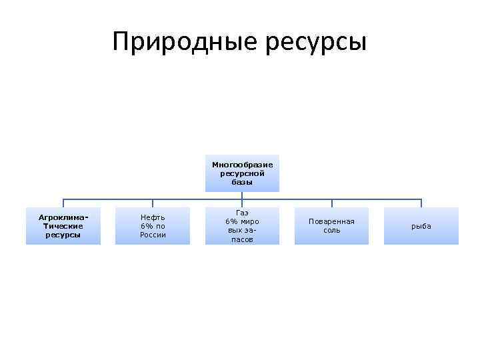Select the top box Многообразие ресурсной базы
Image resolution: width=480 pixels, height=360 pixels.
pyautogui.click(x=242, y=173)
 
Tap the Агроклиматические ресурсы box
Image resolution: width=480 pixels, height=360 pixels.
pyautogui.click(x=63, y=226)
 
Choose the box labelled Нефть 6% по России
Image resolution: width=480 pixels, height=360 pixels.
pyautogui.click(x=153, y=226)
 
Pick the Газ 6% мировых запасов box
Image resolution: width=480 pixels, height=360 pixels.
pyautogui.click(x=242, y=226)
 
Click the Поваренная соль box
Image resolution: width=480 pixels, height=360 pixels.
pyautogui.click(x=331, y=226)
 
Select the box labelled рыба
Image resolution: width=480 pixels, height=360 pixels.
pyautogui.click(x=421, y=226)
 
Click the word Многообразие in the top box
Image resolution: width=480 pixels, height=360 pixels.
pyautogui.click(x=242, y=165)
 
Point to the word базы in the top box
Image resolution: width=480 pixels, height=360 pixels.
pyautogui.click(x=242, y=182)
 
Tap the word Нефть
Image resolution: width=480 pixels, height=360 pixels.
pyautogui.click(x=153, y=217)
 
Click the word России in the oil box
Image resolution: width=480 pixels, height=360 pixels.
pyautogui.click(x=153, y=235)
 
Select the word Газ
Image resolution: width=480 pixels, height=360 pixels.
pyautogui.click(x=242, y=212)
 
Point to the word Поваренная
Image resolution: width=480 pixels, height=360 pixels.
pyautogui.click(x=331, y=221)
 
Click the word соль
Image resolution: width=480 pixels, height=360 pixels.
pyautogui.click(x=331, y=231)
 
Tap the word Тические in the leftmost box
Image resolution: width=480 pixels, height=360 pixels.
pyautogui.click(x=63, y=226)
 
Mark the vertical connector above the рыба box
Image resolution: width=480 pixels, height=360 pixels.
pyautogui.click(x=421, y=203)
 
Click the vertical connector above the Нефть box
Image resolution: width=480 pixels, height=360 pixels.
pyautogui.click(x=153, y=203)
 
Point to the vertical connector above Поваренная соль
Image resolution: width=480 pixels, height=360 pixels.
pyautogui.click(x=331, y=203)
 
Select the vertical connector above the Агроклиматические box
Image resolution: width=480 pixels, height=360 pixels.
pyautogui.click(x=63, y=203)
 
